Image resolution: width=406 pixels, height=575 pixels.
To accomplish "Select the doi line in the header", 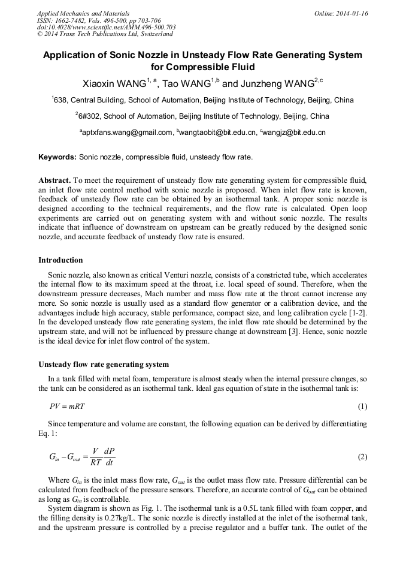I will click(106, 28).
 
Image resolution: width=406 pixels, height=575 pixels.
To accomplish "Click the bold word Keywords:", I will click(57, 158).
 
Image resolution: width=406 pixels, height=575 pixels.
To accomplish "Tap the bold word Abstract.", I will click(55, 180).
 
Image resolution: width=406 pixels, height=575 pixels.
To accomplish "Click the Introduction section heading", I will click(60, 260).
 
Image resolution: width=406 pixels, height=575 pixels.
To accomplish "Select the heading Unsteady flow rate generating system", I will click(104, 365).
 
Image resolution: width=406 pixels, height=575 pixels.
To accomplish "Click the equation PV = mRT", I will click(67, 407).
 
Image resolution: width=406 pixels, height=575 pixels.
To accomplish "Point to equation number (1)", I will click(362, 407).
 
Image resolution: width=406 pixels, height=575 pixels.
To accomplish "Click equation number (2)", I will click(362, 457).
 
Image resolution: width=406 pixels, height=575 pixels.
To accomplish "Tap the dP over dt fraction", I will click(109, 457).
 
